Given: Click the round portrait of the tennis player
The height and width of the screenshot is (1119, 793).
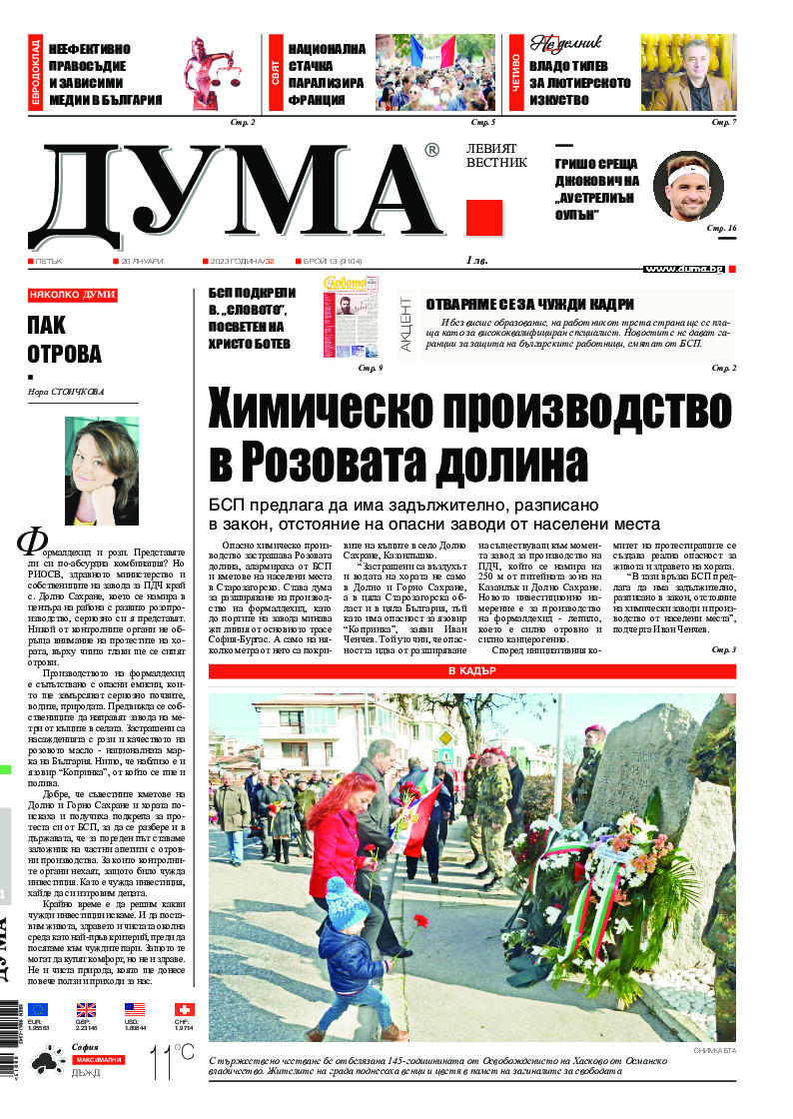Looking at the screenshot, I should pyautogui.click(x=688, y=187).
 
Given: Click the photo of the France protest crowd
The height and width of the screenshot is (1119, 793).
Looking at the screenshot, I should pyautogui.click(x=434, y=73).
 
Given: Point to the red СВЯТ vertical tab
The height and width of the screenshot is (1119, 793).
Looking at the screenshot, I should pyautogui.click(x=275, y=72).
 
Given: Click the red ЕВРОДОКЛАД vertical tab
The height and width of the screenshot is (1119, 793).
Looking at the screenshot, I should pyautogui.click(x=36, y=72).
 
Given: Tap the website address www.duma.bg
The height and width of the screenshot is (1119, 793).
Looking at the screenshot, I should pyautogui.click(x=684, y=269).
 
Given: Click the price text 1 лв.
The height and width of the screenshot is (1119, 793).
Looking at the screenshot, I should pyautogui.click(x=476, y=261).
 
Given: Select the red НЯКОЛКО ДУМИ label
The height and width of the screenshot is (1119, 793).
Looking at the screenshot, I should pyautogui.click(x=73, y=295).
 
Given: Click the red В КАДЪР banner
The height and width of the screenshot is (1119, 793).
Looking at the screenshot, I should pyautogui.click(x=472, y=671).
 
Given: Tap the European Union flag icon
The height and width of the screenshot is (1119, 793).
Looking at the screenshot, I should pyautogui.click(x=38, y=1010).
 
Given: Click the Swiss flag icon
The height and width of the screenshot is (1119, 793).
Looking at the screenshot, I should pyautogui.click(x=184, y=1010).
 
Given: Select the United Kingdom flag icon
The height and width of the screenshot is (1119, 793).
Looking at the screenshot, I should pyautogui.click(x=87, y=1010).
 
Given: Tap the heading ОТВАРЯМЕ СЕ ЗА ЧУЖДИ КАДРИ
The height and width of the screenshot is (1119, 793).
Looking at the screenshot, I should pyautogui.click(x=529, y=305).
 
